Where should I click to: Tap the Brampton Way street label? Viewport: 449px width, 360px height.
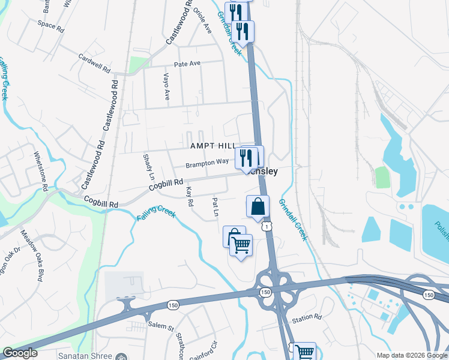207,163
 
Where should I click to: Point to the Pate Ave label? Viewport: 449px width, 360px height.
187,64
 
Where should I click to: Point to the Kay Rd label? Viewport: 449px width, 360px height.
190,196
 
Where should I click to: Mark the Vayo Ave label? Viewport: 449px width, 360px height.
166,86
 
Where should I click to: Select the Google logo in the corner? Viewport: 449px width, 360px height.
20,353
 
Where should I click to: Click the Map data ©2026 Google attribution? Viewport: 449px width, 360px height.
412,355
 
